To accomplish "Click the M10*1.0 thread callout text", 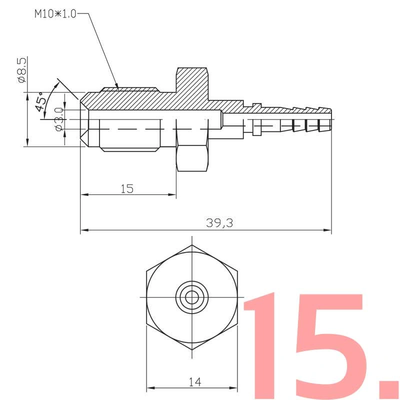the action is tap(55, 14).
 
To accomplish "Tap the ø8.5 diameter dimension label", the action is tap(22, 70).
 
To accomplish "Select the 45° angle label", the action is tap(41, 101).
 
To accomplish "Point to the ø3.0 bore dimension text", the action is tap(59, 119).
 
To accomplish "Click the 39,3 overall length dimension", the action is tap(219, 223).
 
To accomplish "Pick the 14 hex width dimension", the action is tap(195, 382).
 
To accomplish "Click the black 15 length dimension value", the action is tap(127, 189).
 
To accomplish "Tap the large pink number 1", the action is tap(262, 345).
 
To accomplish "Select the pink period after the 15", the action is tap(389, 389).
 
